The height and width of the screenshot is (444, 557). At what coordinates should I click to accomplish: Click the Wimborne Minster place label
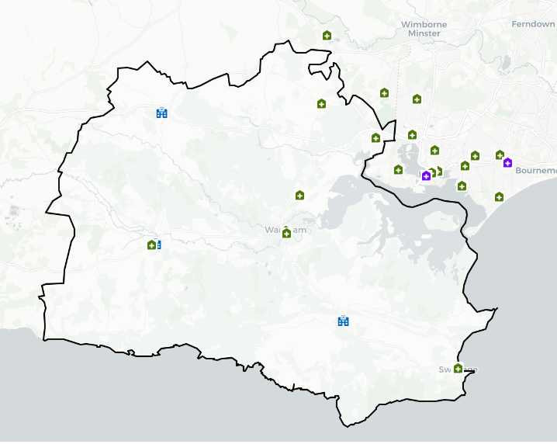(x=424, y=29)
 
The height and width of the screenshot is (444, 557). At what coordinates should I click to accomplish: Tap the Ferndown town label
(x=533, y=24)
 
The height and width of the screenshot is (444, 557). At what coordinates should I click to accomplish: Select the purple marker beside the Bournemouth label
(x=507, y=162)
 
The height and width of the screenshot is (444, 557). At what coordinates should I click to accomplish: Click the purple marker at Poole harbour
(x=426, y=176)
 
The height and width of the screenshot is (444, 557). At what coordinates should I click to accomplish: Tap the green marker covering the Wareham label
(x=286, y=232)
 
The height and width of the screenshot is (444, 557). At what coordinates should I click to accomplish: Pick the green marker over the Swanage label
(x=458, y=368)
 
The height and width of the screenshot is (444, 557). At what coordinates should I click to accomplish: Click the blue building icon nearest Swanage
(x=343, y=321)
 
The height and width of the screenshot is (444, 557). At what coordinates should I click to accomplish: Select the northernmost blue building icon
(x=161, y=113)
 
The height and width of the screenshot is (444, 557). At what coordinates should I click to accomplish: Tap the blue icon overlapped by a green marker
(x=158, y=245)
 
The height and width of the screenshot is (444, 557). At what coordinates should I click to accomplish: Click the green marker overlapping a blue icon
(x=151, y=245)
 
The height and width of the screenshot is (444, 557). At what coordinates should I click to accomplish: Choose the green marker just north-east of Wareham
(x=299, y=195)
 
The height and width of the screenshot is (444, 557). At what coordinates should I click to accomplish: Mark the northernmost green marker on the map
(x=327, y=35)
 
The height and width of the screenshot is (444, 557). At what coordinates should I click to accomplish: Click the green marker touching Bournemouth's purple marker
(x=500, y=154)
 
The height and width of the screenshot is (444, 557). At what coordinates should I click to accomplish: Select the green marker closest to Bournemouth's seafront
(x=499, y=196)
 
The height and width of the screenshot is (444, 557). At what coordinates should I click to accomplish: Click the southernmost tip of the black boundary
(x=348, y=425)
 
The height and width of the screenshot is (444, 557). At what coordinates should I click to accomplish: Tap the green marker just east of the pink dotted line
(x=417, y=99)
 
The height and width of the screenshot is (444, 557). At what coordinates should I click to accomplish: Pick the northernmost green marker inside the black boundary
(x=321, y=103)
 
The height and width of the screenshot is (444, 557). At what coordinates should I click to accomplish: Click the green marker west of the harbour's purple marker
(x=398, y=169)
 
